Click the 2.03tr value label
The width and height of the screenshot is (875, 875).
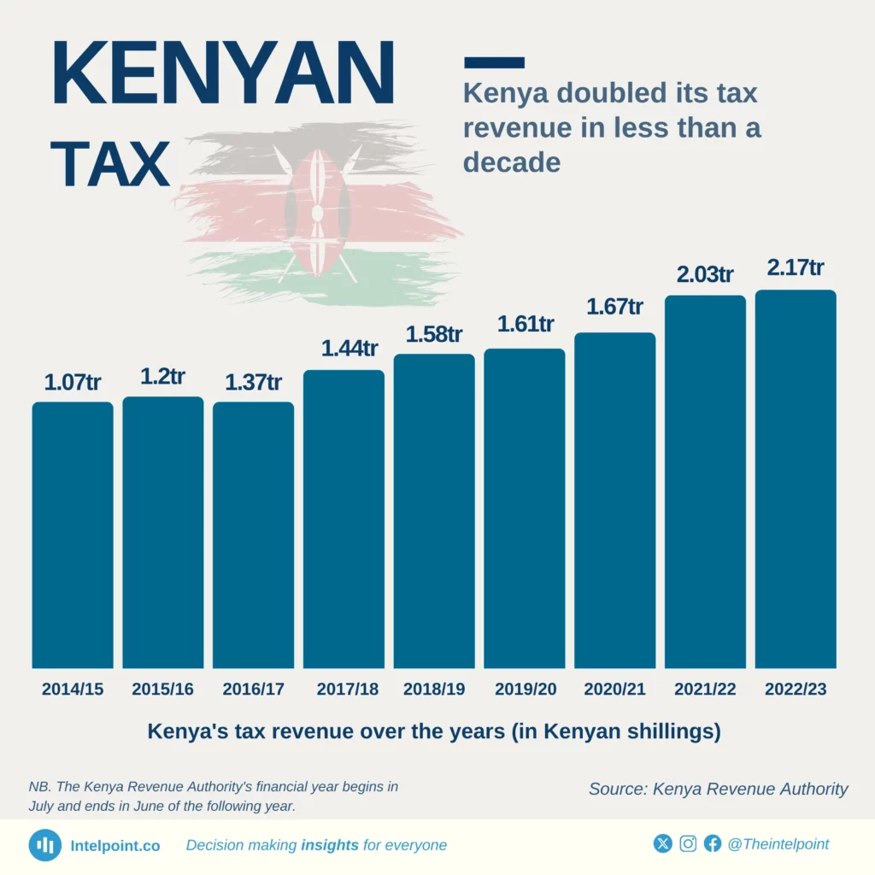705,275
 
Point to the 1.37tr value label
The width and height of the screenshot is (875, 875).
253,382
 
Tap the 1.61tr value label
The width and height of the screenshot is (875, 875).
525,325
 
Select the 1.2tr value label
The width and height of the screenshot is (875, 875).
162,377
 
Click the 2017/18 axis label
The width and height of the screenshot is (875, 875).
344,690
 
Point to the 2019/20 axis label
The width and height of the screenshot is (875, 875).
525,690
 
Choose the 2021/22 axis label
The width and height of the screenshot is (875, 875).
705,690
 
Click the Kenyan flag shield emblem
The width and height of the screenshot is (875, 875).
317,212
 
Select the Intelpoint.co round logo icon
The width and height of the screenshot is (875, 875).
44,845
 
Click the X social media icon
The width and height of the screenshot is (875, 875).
663,844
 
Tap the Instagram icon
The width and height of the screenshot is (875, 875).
688,844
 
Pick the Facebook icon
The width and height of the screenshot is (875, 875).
713,844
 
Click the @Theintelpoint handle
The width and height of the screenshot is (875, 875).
778,844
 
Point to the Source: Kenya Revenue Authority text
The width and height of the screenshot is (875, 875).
718,789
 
